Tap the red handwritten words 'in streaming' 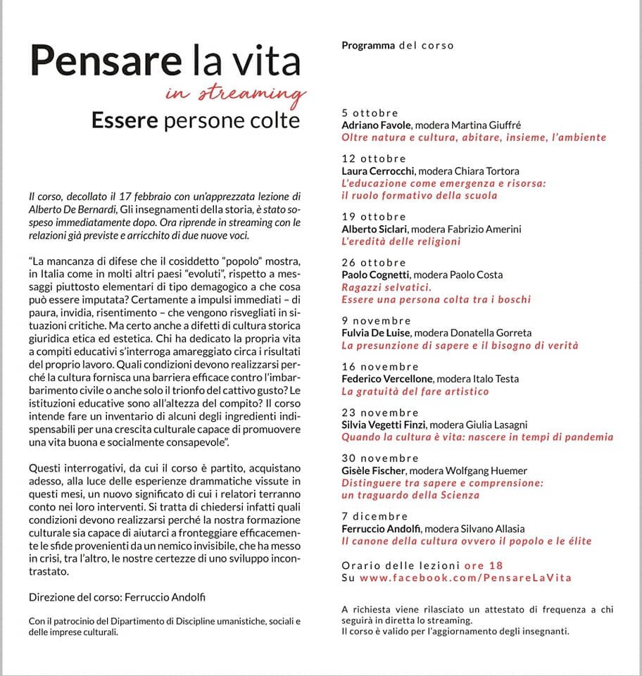(236, 94)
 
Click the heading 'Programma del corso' (397, 45)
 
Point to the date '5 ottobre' (370, 113)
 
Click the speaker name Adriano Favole (373, 125)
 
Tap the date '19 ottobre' (373, 217)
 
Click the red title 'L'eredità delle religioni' (401, 241)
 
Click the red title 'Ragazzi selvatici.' (386, 287)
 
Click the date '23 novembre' (379, 413)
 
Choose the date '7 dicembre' (374, 517)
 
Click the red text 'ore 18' (484, 565)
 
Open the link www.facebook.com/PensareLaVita (465, 577)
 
